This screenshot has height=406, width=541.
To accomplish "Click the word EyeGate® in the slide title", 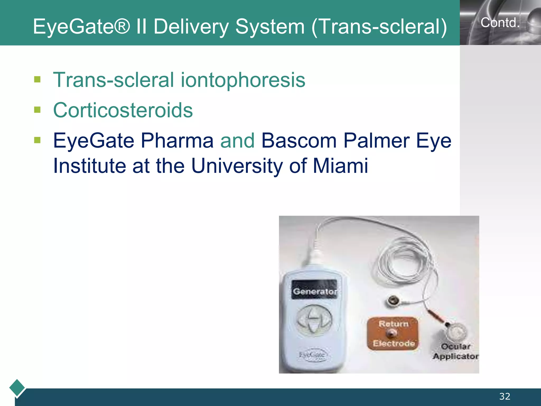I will click(x=82, y=27).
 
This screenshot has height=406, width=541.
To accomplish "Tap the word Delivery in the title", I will click(x=191, y=27).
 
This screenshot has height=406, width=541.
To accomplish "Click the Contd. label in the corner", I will click(x=500, y=23).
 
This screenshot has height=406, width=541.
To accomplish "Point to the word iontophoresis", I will click(x=243, y=80).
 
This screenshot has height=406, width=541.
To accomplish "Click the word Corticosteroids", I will click(x=123, y=110).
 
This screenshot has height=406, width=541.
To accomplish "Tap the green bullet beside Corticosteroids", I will click(x=37, y=110).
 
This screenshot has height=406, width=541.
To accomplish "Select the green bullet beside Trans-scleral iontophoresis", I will click(x=37, y=79).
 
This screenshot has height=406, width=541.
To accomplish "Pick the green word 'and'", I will click(x=237, y=141).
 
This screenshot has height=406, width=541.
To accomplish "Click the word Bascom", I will click(x=299, y=141).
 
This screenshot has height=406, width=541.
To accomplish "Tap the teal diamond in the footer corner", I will click(x=17, y=388).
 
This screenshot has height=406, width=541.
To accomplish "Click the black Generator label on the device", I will click(x=314, y=291).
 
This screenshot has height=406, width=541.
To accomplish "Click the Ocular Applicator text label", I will click(x=456, y=351).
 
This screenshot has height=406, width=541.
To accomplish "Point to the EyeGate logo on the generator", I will click(x=312, y=354).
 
